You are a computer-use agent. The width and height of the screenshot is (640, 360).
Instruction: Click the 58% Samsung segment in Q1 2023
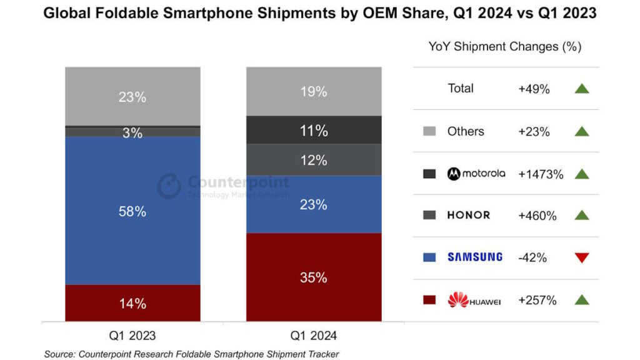[132, 211]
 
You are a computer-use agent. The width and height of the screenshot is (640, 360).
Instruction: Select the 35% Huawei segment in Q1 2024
[314, 277]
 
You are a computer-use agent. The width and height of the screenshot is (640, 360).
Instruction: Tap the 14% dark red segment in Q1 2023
[132, 303]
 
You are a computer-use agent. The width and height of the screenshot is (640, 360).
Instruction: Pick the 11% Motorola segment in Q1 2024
[314, 130]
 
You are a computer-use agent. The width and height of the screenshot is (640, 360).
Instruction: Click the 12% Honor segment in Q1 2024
[314, 160]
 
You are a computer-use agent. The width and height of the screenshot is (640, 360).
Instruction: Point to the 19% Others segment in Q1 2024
[314, 91]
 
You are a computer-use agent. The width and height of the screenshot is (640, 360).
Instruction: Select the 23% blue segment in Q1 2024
[314, 204]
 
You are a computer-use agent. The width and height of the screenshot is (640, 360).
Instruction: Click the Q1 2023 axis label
[132, 336]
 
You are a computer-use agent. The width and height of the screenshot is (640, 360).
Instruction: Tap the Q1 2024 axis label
[314, 336]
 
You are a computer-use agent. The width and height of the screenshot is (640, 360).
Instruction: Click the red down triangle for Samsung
[582, 257]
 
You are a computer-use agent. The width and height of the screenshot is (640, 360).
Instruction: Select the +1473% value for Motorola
[541, 174]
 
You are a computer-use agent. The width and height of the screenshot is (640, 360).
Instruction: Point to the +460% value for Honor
[537, 216]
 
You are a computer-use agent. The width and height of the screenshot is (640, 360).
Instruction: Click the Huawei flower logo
[458, 299]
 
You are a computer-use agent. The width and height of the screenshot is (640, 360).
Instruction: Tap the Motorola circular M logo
[454, 174]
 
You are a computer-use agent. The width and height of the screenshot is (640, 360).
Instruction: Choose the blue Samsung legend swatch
[429, 257]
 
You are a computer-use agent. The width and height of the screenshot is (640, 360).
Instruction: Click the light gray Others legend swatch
[429, 131]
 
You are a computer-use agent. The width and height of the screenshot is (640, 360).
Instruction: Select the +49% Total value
[534, 89]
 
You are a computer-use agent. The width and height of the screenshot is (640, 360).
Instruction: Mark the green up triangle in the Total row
[582, 88]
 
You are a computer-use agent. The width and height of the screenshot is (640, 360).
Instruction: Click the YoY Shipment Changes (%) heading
[505, 46]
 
